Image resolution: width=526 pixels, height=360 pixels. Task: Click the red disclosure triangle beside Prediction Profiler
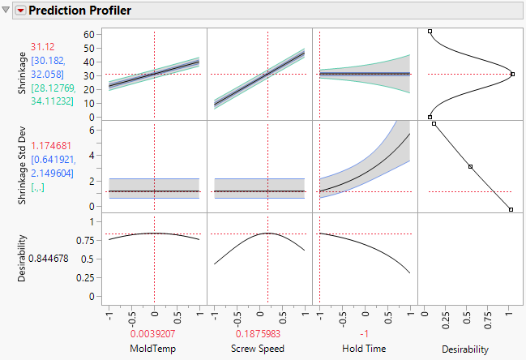tap(21, 11)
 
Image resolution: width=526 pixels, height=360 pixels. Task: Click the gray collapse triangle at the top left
tap(7, 11)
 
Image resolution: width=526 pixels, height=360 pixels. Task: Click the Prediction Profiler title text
tap(80, 11)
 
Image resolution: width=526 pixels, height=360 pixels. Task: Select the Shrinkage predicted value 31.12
tap(42, 47)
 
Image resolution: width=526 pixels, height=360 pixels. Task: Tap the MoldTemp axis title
tap(154, 349)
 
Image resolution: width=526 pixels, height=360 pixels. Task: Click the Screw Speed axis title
tap(259, 349)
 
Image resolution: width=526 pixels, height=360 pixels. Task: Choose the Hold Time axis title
tap(365, 349)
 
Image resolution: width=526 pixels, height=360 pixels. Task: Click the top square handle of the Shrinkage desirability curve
tap(430, 32)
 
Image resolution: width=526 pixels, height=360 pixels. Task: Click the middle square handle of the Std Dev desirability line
tap(470, 167)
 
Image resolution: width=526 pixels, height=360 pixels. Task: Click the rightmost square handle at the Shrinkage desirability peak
tap(512, 74)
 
